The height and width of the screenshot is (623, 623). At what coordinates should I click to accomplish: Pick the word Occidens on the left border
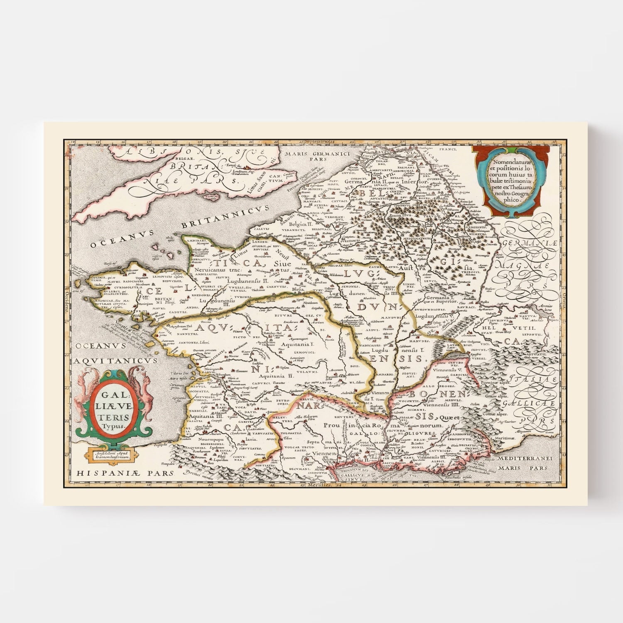(66, 299)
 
